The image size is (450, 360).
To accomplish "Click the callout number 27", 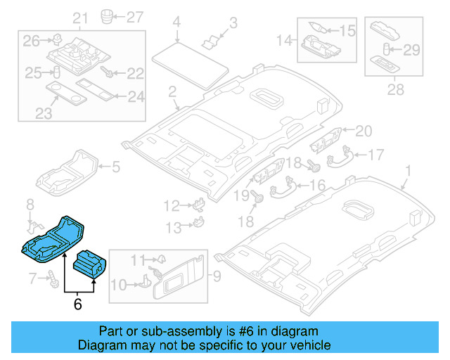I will [x=134, y=17].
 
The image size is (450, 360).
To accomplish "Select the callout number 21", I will [x=81, y=18].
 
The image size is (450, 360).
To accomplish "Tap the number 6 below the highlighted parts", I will [x=77, y=304].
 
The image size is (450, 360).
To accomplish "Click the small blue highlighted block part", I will [x=89, y=264].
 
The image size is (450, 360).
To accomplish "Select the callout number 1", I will [x=409, y=171].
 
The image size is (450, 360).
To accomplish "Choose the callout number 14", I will [x=285, y=40].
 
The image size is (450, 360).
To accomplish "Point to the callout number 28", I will [x=396, y=90].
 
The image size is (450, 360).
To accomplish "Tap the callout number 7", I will [x=31, y=280].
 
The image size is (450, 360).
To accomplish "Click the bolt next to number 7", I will [x=53, y=279].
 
